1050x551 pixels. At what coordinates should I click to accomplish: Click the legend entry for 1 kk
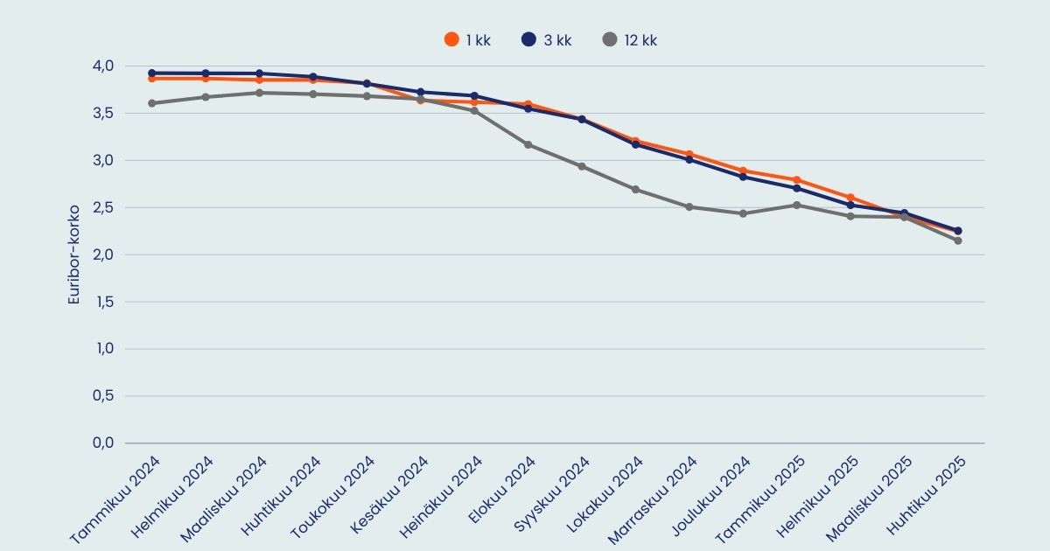pyautogui.click(x=467, y=39)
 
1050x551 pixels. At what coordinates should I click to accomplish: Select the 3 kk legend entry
pyautogui.click(x=546, y=39)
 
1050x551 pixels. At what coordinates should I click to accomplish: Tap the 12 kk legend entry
pyautogui.click(x=630, y=39)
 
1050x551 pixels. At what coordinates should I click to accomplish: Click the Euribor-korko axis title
pyautogui.click(x=74, y=255)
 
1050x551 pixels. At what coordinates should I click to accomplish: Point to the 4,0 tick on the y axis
pyautogui.click(x=102, y=66)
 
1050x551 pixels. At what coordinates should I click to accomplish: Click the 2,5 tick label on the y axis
pyautogui.click(x=102, y=207)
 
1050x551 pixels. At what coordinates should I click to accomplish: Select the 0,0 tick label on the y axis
pyautogui.click(x=102, y=443)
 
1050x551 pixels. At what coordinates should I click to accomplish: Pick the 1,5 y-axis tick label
pyautogui.click(x=102, y=302)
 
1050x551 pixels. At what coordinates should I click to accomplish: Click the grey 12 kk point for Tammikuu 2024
pyautogui.click(x=151, y=103)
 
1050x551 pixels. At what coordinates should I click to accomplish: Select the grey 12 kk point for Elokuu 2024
pyautogui.click(x=528, y=144)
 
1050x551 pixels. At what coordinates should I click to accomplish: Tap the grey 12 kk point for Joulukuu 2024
pyautogui.click(x=742, y=213)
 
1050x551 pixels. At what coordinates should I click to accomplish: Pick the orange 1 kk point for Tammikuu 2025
pyautogui.click(x=796, y=180)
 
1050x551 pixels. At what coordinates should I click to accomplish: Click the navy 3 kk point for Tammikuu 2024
pyautogui.click(x=151, y=73)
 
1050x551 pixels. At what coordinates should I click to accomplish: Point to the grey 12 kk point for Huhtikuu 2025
pyautogui.click(x=957, y=241)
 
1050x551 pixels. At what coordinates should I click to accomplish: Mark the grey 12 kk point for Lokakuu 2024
pyautogui.click(x=635, y=190)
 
